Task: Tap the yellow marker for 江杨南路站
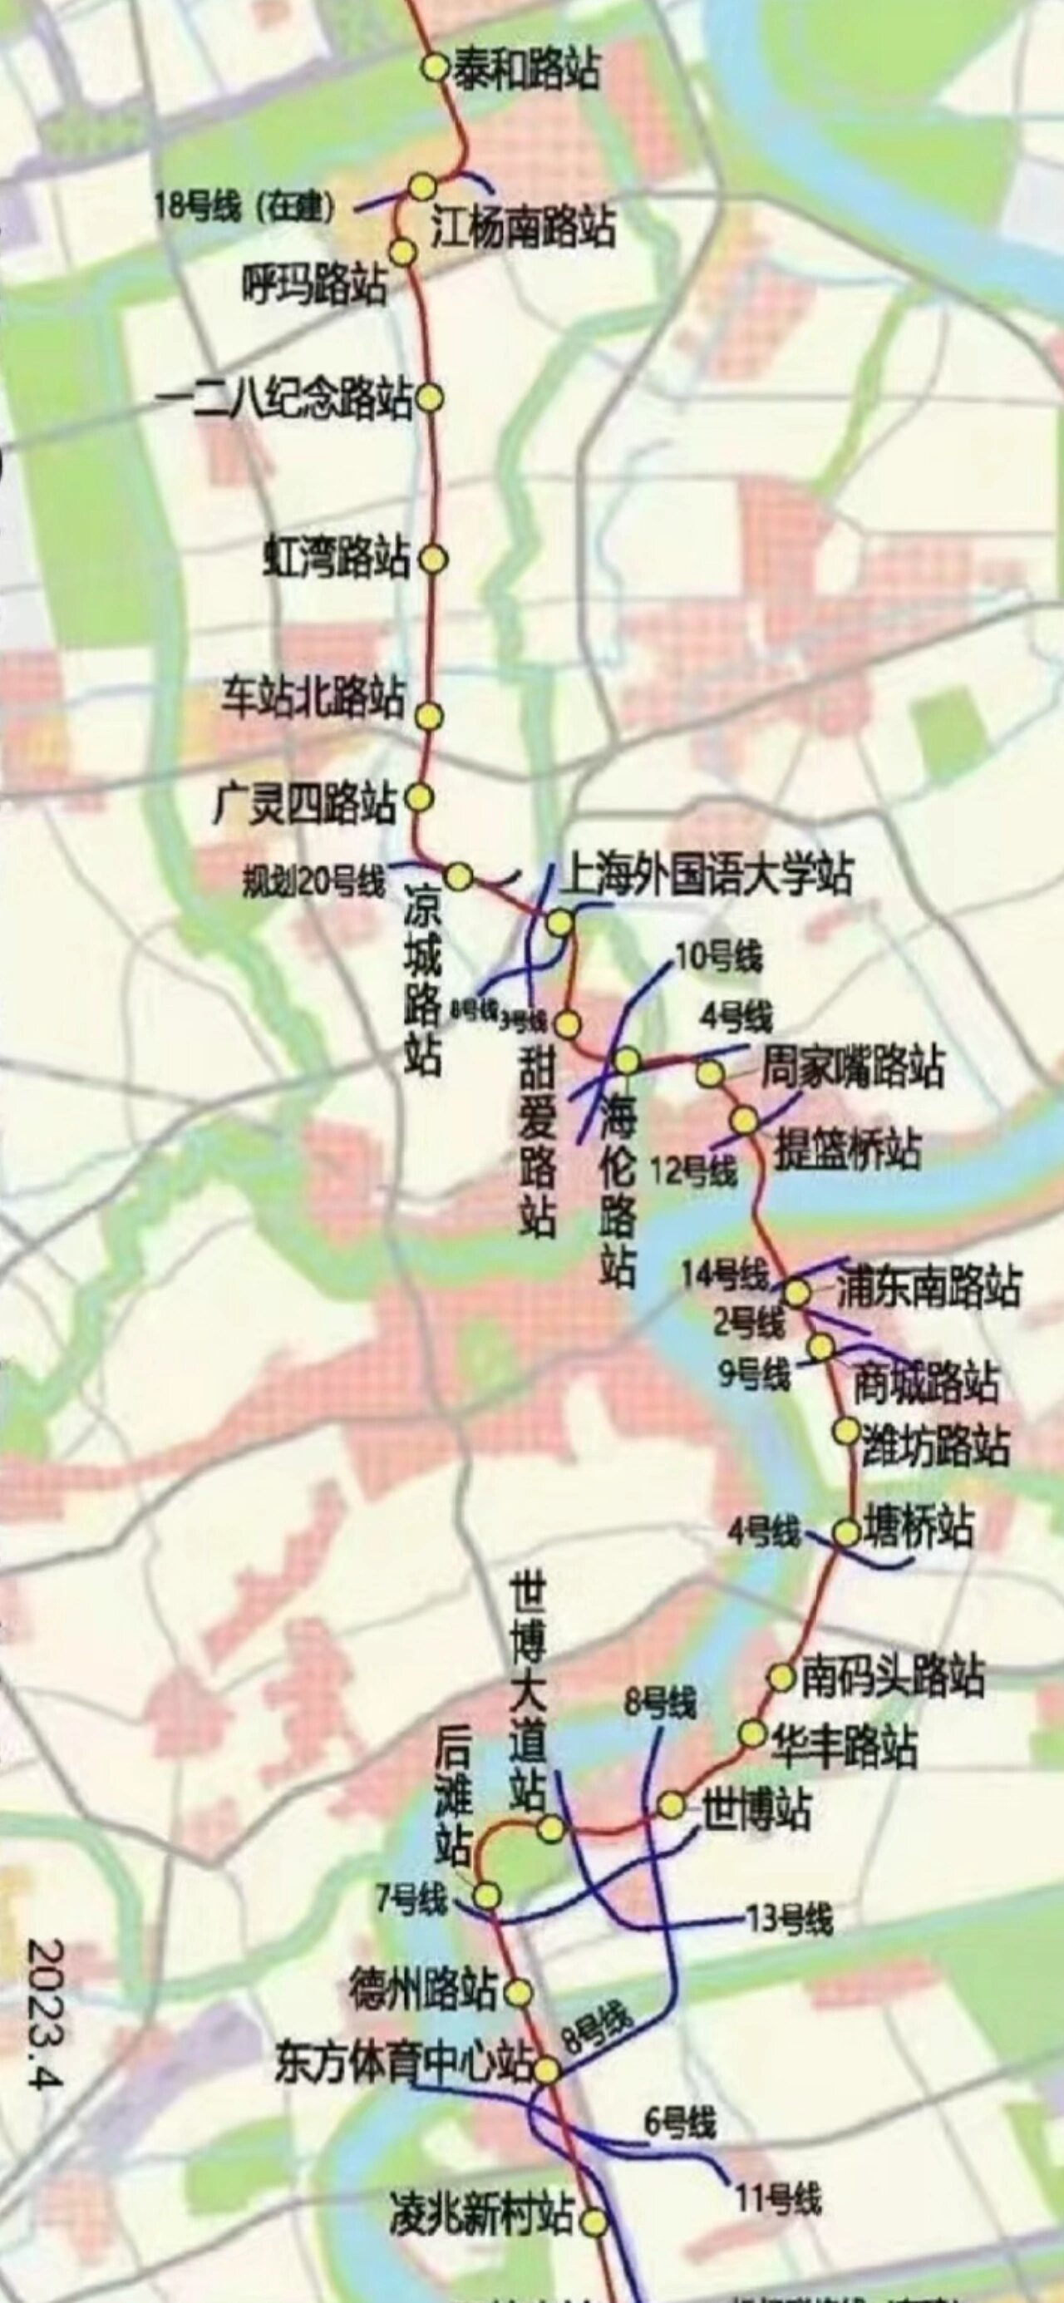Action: tap(423, 187)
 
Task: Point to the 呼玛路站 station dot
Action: tap(403, 252)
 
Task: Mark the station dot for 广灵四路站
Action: tap(419, 796)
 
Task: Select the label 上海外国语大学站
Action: tap(707, 875)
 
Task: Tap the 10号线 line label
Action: tap(719, 958)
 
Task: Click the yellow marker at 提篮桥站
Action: tap(744, 1119)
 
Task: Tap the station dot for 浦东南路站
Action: tap(796, 1292)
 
